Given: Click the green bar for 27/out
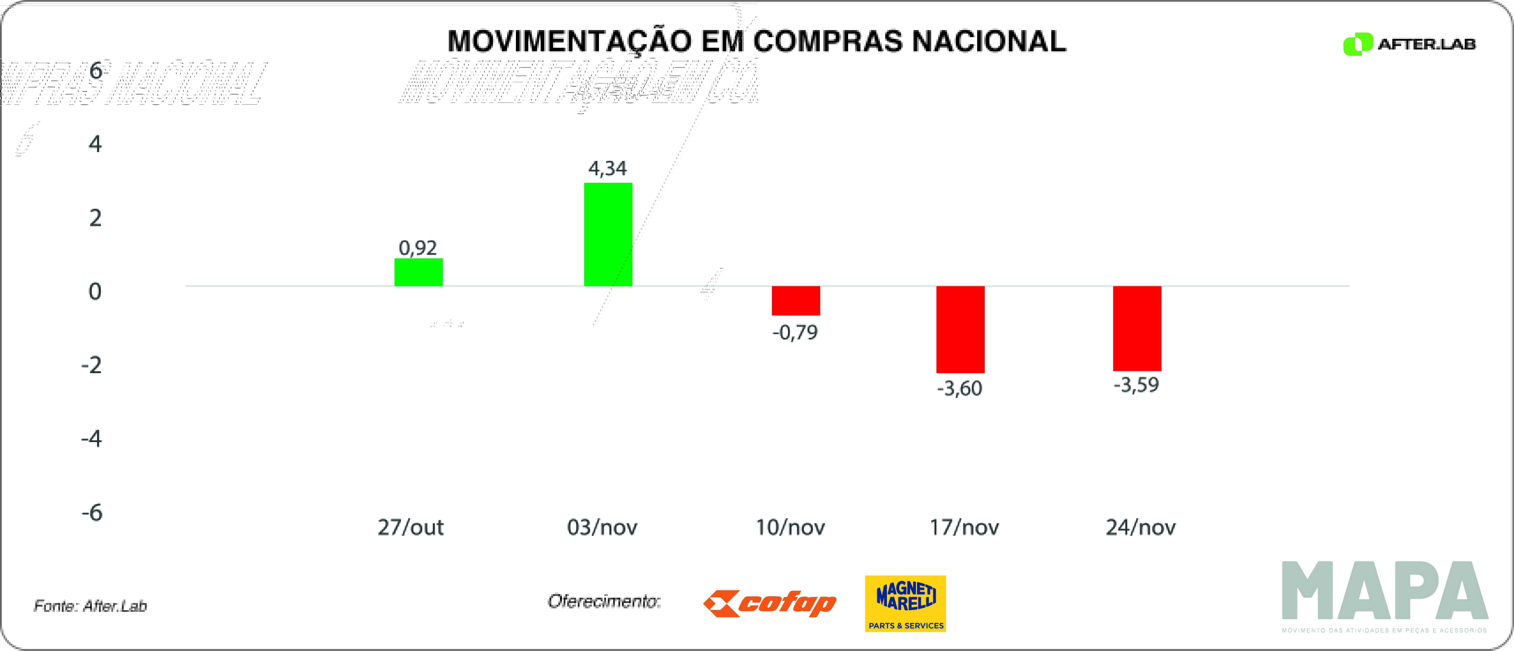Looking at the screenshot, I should [x=419, y=272].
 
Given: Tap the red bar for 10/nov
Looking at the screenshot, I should [x=796, y=300].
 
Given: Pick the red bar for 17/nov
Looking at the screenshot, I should [x=960, y=329].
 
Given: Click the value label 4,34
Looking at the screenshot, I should [x=608, y=169].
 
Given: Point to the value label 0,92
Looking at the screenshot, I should [x=418, y=248].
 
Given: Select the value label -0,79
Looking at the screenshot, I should [x=795, y=333].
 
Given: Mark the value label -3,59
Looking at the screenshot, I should [x=1137, y=385].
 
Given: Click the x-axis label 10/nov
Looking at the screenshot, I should [x=790, y=527].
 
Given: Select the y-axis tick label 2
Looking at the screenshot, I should [x=95, y=218].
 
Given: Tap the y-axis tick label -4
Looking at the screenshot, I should [x=92, y=439].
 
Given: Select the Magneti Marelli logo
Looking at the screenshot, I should [x=905, y=603].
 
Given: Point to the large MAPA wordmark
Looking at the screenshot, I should [x=1385, y=591].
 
